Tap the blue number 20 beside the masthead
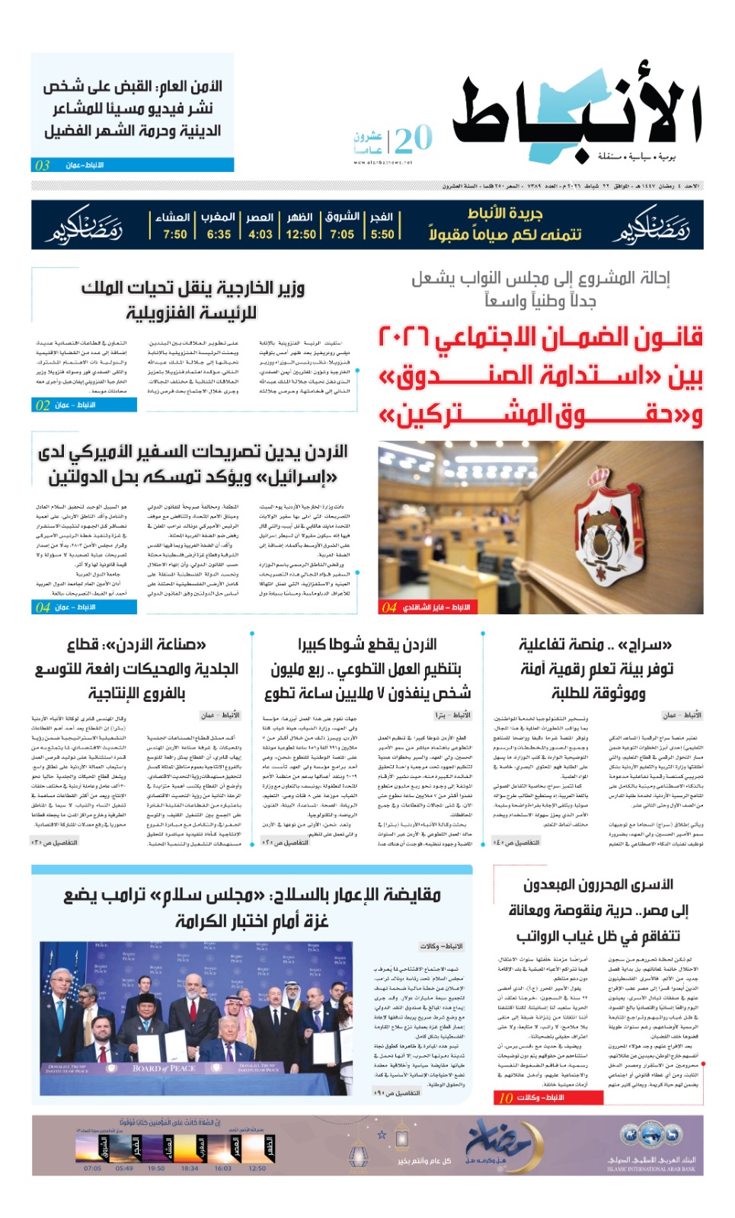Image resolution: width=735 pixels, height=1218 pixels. coord(414,139)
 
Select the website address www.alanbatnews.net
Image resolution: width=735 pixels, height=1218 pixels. coord(382,162)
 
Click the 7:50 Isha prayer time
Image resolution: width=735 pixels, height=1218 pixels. coord(174,234)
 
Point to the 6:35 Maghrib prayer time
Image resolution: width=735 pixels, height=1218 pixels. coord(219,234)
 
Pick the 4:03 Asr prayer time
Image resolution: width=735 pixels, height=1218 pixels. coord(260,234)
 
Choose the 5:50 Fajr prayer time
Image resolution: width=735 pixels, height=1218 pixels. coord(382,234)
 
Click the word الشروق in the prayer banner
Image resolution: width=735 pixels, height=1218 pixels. coord(342,217)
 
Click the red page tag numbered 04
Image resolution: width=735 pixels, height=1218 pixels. coord(389,607)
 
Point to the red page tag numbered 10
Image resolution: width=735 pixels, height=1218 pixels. coord(506,1098)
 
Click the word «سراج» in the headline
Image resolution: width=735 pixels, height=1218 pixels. coord(648,646)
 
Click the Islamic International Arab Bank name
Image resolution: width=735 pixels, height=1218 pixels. coord(651,1165)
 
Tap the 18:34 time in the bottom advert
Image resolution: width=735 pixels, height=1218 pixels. coord(190,1169)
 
